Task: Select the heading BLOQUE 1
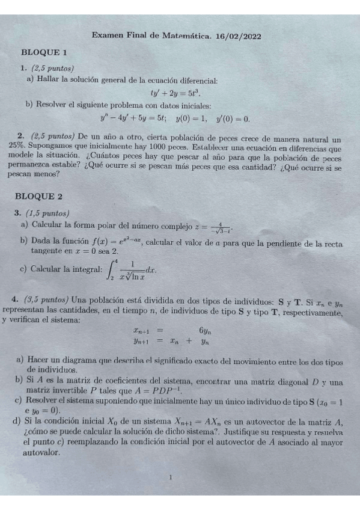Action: point(43,53)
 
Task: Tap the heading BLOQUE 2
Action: point(43,197)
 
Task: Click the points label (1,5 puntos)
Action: point(49,212)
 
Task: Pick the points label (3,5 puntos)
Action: point(47,299)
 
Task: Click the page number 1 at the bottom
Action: point(171,478)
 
